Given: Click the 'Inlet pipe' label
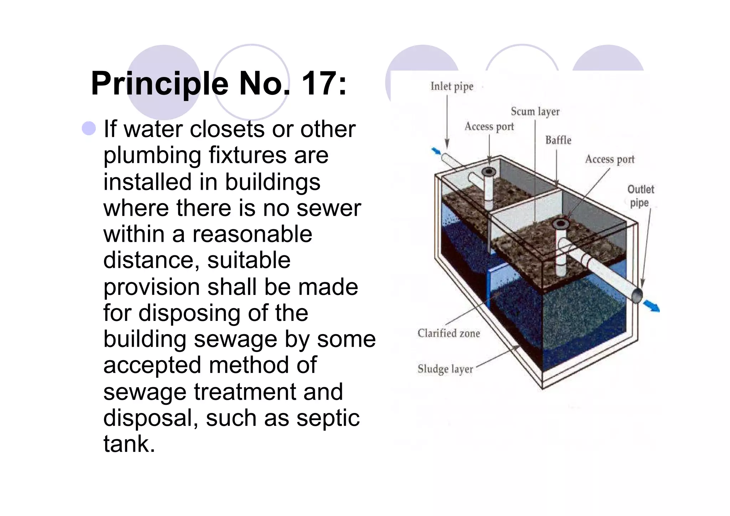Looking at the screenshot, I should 452,87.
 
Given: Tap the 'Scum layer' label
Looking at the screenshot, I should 535,112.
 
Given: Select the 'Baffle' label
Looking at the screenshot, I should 558,140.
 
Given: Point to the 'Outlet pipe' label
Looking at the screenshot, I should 640,196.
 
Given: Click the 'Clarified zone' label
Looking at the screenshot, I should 448,333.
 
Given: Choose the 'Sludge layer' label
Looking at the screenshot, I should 445,369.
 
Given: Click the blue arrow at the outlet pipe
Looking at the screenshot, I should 652,306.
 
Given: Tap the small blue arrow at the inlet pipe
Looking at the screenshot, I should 436,151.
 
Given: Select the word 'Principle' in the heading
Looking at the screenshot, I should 159,84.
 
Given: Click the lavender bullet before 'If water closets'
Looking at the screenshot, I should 89,128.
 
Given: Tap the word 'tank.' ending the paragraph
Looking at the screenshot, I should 129,444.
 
